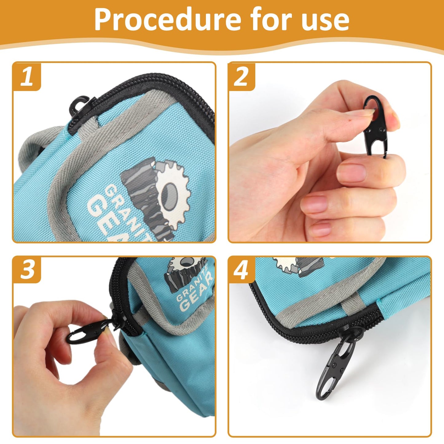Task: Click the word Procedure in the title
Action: click(x=168, y=20)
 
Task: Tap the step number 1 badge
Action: click(x=27, y=77)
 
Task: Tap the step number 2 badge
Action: click(x=241, y=77)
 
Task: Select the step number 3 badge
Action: click(x=27, y=270)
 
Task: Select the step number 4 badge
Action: click(x=241, y=270)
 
